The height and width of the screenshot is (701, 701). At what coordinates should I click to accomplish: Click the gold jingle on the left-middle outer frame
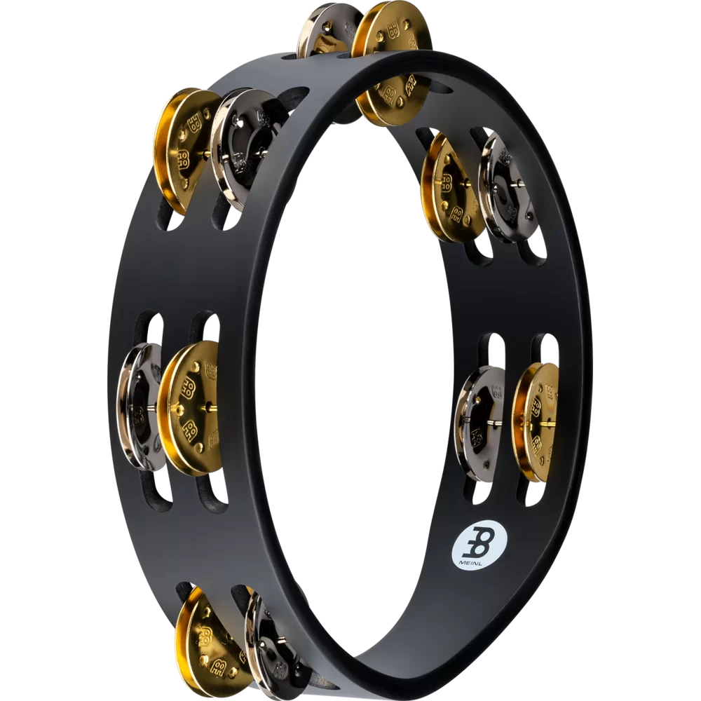pyautogui.click(x=189, y=407)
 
